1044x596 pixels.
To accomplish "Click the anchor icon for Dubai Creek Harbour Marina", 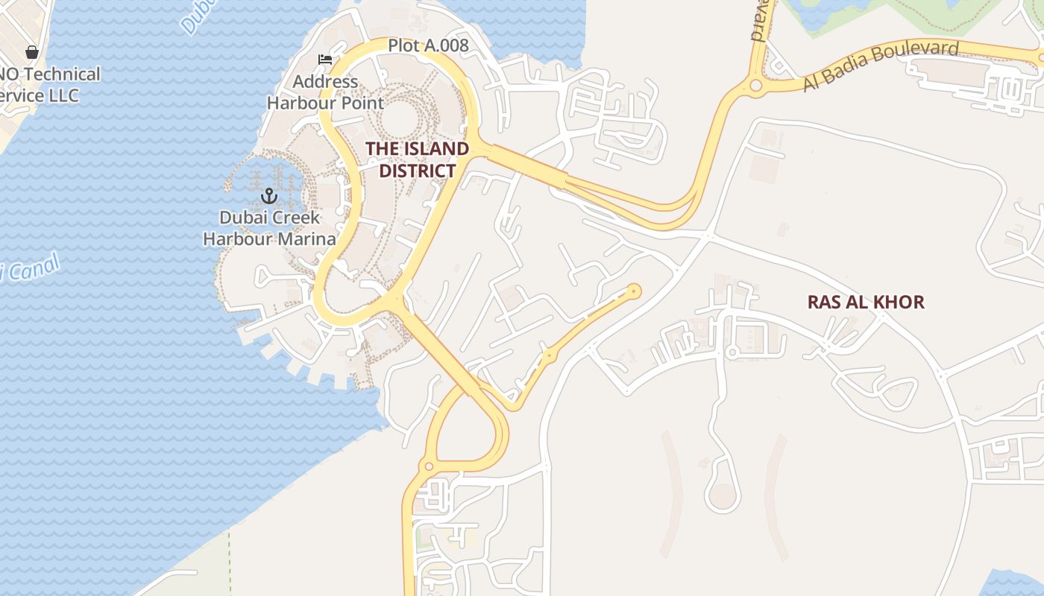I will [x=268, y=196].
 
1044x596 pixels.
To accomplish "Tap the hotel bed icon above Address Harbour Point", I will [x=325, y=60].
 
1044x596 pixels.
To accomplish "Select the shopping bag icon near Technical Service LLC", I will [x=32, y=52].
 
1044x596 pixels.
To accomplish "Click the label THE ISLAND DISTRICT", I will [x=417, y=159].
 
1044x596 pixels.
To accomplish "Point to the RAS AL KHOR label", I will [x=866, y=302].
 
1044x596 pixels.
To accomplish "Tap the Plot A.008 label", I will [x=428, y=45].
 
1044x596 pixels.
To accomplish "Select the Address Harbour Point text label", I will [x=325, y=92].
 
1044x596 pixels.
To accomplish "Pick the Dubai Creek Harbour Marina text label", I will [x=269, y=228].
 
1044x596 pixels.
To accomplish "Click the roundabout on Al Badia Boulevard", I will [x=756, y=86].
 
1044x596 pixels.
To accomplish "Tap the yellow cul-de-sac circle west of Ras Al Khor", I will [x=635, y=291].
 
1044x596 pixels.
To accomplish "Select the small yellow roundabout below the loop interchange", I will [x=428, y=467].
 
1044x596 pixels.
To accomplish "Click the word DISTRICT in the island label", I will [x=417, y=171].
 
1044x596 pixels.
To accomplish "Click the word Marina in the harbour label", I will [x=306, y=239].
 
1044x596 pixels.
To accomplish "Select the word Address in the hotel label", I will [x=325, y=81].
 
